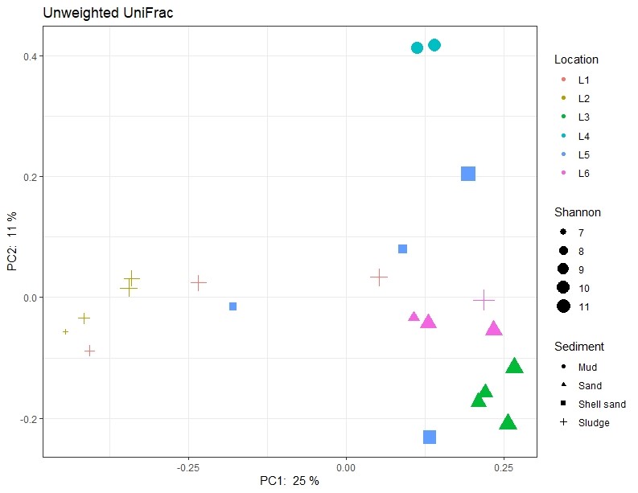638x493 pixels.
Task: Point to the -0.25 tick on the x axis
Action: [x=188, y=466]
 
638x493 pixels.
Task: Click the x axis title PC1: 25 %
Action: [x=289, y=481]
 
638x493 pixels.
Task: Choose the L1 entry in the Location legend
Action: [x=584, y=80]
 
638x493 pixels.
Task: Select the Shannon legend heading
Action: [x=578, y=213]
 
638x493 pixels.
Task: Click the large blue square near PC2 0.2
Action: [x=468, y=174]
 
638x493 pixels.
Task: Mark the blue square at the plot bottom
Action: [x=430, y=437]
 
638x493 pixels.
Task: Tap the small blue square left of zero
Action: [x=233, y=306]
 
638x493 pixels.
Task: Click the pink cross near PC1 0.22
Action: [x=484, y=300]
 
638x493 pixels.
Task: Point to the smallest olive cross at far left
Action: [x=66, y=331]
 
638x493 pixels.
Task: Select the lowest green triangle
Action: [x=508, y=423]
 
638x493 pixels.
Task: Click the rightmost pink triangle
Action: [x=494, y=328]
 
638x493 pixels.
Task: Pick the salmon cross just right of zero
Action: [x=379, y=277]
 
